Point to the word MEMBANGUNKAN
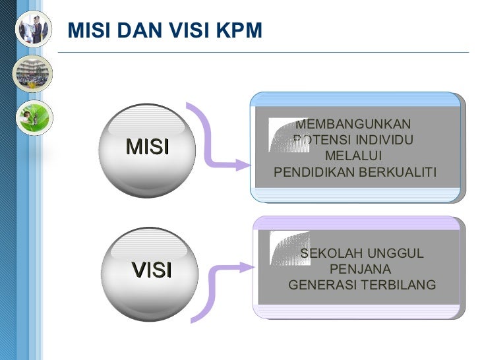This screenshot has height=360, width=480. [x=353, y=125]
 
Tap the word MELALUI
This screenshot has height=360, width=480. [x=353, y=156]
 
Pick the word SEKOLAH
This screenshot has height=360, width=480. [x=329, y=255]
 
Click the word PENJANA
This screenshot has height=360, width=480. [x=360, y=270]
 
